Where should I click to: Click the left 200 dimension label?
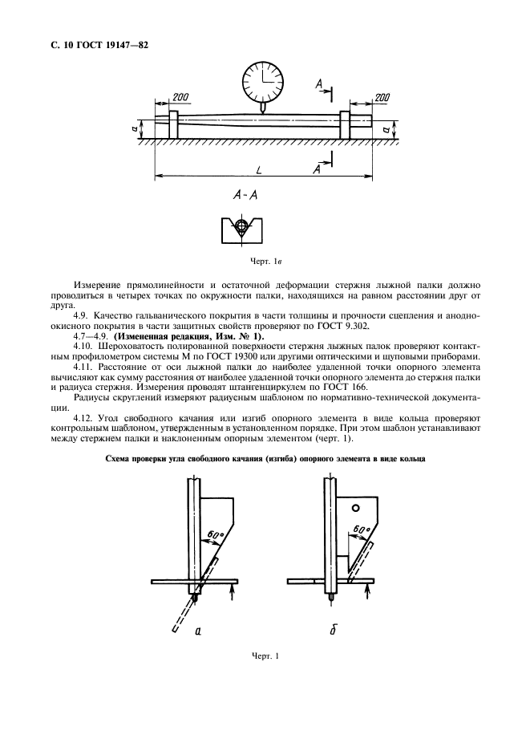pyautogui.click(x=180, y=98)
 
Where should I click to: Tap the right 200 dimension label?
pyautogui.click(x=382, y=97)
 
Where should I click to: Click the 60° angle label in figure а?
pyautogui.click(x=214, y=534)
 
